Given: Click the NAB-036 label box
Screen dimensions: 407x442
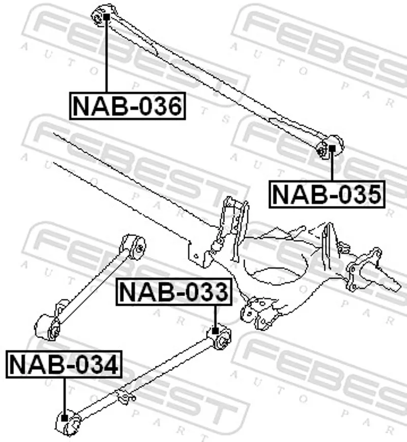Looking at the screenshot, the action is [x=127, y=106].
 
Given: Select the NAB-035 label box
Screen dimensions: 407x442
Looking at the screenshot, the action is [x=327, y=194].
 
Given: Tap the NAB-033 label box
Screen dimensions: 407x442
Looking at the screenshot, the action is [x=174, y=292].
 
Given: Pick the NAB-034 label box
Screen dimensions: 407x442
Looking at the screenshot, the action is [x=64, y=365].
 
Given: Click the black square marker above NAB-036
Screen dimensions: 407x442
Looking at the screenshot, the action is [x=106, y=17].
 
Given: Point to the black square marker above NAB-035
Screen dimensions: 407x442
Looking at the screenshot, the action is [x=332, y=148].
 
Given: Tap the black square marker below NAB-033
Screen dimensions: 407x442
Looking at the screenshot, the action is [x=215, y=331].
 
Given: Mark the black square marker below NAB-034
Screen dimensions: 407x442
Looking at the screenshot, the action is [x=65, y=418].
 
